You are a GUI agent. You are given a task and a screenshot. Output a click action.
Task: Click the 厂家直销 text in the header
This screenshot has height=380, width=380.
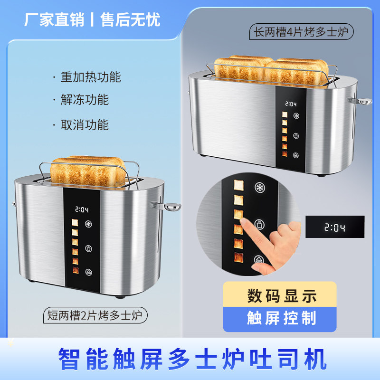(54, 19)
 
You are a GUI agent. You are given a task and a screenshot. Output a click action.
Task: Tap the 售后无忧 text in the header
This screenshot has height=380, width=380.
(130, 19)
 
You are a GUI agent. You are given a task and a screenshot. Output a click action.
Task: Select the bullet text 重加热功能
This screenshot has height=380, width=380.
(91, 77)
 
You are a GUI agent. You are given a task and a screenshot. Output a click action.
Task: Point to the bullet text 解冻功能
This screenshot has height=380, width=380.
(85, 100)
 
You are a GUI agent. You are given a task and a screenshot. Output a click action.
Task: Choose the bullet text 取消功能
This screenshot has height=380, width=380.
(85, 125)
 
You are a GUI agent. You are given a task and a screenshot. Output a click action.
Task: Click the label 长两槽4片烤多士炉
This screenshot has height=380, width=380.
(301, 32)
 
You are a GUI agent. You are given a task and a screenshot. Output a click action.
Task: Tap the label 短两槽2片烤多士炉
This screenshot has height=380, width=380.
(95, 315)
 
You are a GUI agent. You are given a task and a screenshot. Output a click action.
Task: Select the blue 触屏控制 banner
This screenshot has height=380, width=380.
(280, 319)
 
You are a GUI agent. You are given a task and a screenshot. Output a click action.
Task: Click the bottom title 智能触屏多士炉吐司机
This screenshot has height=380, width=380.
(193, 359)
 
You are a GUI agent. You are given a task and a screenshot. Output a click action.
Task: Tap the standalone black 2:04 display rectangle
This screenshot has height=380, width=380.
(335, 227)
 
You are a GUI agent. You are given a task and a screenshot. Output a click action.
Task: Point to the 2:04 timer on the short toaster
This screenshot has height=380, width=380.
(82, 209)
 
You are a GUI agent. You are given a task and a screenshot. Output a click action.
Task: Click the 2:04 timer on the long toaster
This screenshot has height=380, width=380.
(291, 104)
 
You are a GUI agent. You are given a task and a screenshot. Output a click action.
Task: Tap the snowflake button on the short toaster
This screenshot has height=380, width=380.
(88, 224)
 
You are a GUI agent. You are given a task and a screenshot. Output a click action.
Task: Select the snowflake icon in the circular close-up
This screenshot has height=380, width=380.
(260, 187)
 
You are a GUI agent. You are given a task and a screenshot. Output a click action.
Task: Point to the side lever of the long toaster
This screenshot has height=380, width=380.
(360, 101)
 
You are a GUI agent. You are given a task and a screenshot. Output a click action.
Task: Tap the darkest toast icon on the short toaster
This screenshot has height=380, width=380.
(76, 270)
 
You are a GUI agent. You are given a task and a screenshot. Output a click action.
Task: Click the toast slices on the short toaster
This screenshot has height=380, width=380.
(88, 171)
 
